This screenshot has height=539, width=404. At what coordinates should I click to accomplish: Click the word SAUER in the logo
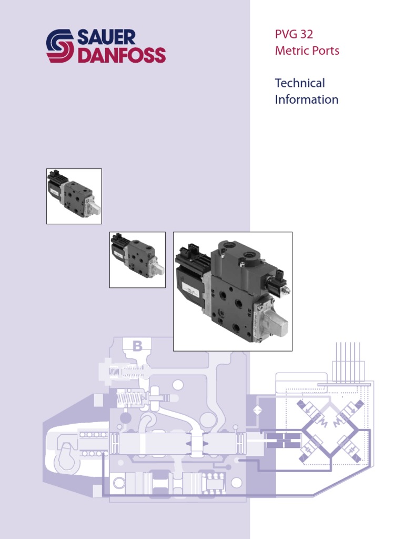click(106, 37)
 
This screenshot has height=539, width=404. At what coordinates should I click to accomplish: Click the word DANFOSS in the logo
click(122, 55)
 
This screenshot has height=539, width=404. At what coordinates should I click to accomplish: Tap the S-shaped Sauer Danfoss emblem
click(60, 46)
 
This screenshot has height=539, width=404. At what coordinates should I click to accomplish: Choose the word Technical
click(300, 83)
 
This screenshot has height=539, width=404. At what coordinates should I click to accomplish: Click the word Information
click(306, 99)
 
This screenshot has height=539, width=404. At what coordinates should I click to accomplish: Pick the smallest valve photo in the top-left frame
click(74, 196)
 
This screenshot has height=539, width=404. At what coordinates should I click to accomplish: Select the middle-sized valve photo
click(137, 259)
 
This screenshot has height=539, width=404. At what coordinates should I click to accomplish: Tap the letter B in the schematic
click(137, 346)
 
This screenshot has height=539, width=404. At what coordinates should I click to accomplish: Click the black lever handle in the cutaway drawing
click(66, 451)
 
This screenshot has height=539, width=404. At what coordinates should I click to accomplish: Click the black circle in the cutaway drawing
click(125, 417)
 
